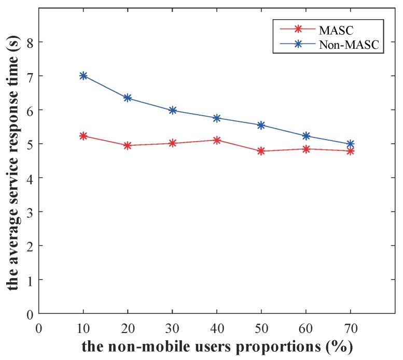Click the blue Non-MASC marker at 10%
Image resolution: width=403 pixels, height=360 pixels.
click(83, 76)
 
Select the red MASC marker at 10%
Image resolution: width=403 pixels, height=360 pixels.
click(83, 136)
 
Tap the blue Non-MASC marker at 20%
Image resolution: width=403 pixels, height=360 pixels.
click(128, 98)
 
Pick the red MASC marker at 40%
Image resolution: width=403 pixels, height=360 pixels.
click(217, 140)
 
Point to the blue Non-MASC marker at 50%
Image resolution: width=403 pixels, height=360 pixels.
click(261, 126)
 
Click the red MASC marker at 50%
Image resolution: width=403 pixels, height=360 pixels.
click(261, 151)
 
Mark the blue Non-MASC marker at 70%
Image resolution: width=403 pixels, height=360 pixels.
click(350, 144)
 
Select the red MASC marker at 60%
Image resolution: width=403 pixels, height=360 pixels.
click(306, 149)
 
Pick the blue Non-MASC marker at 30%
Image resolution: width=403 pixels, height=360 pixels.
click(172, 110)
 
